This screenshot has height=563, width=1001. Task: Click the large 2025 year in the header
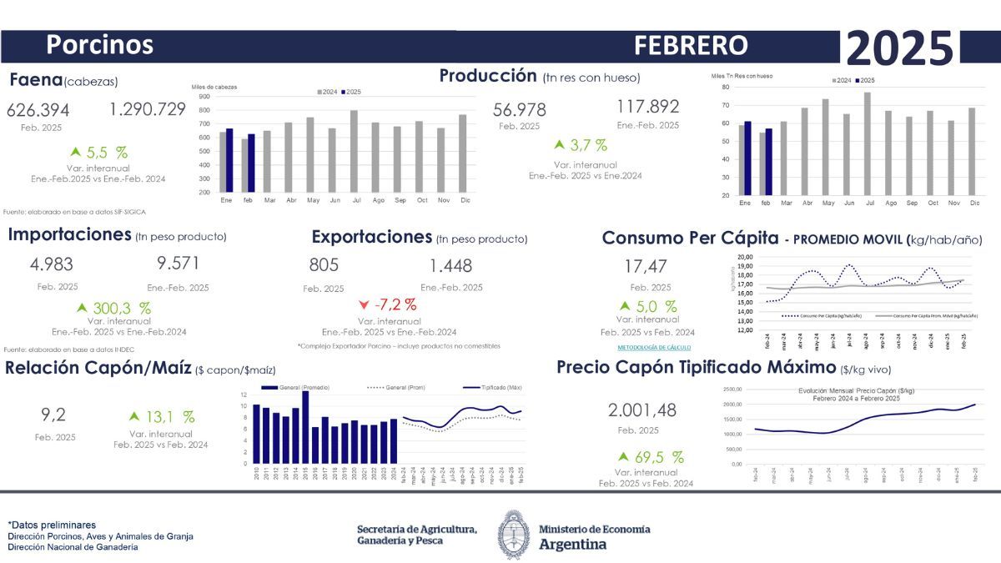pyautogui.click(x=899, y=48)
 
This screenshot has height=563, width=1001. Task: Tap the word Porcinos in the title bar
pyautogui.click(x=99, y=44)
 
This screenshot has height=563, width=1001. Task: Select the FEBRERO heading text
pyautogui.click(x=690, y=45)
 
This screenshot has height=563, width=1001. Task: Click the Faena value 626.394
pyautogui.click(x=38, y=110)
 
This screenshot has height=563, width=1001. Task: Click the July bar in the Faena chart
pyautogui.click(x=354, y=151)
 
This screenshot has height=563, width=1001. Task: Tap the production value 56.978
pyautogui.click(x=520, y=109)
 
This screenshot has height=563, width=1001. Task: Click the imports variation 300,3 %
pyautogui.click(x=122, y=309)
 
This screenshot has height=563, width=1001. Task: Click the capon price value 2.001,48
pyautogui.click(x=641, y=410)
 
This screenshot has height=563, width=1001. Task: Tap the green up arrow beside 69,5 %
pyautogui.click(x=622, y=457)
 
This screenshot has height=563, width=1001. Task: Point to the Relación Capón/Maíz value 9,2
pyautogui.click(x=53, y=414)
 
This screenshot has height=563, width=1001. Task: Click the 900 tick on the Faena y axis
pyautogui.click(x=204, y=97)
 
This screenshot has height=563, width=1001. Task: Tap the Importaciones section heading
pyautogui.click(x=69, y=234)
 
